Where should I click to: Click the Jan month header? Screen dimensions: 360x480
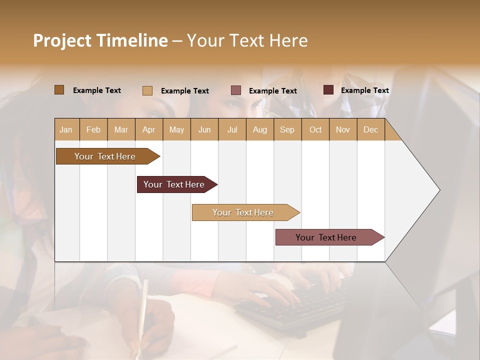(x=66, y=129)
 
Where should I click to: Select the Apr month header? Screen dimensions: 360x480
(x=148, y=129)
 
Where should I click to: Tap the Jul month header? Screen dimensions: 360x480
(x=232, y=129)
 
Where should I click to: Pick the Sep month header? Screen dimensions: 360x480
(x=287, y=129)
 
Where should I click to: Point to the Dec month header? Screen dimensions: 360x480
(x=370, y=129)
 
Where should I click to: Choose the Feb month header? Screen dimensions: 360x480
(x=93, y=129)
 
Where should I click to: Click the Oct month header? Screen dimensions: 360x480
(x=315, y=129)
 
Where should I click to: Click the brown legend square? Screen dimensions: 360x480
(x=59, y=90)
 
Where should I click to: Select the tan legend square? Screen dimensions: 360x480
(x=147, y=90)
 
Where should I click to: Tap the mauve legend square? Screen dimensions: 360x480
(x=236, y=90)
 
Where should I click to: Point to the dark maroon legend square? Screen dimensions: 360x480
(x=328, y=90)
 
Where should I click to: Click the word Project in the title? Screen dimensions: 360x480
(x=62, y=40)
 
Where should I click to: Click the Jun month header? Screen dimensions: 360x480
(x=204, y=129)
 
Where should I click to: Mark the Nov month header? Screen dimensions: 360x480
(x=343, y=129)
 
